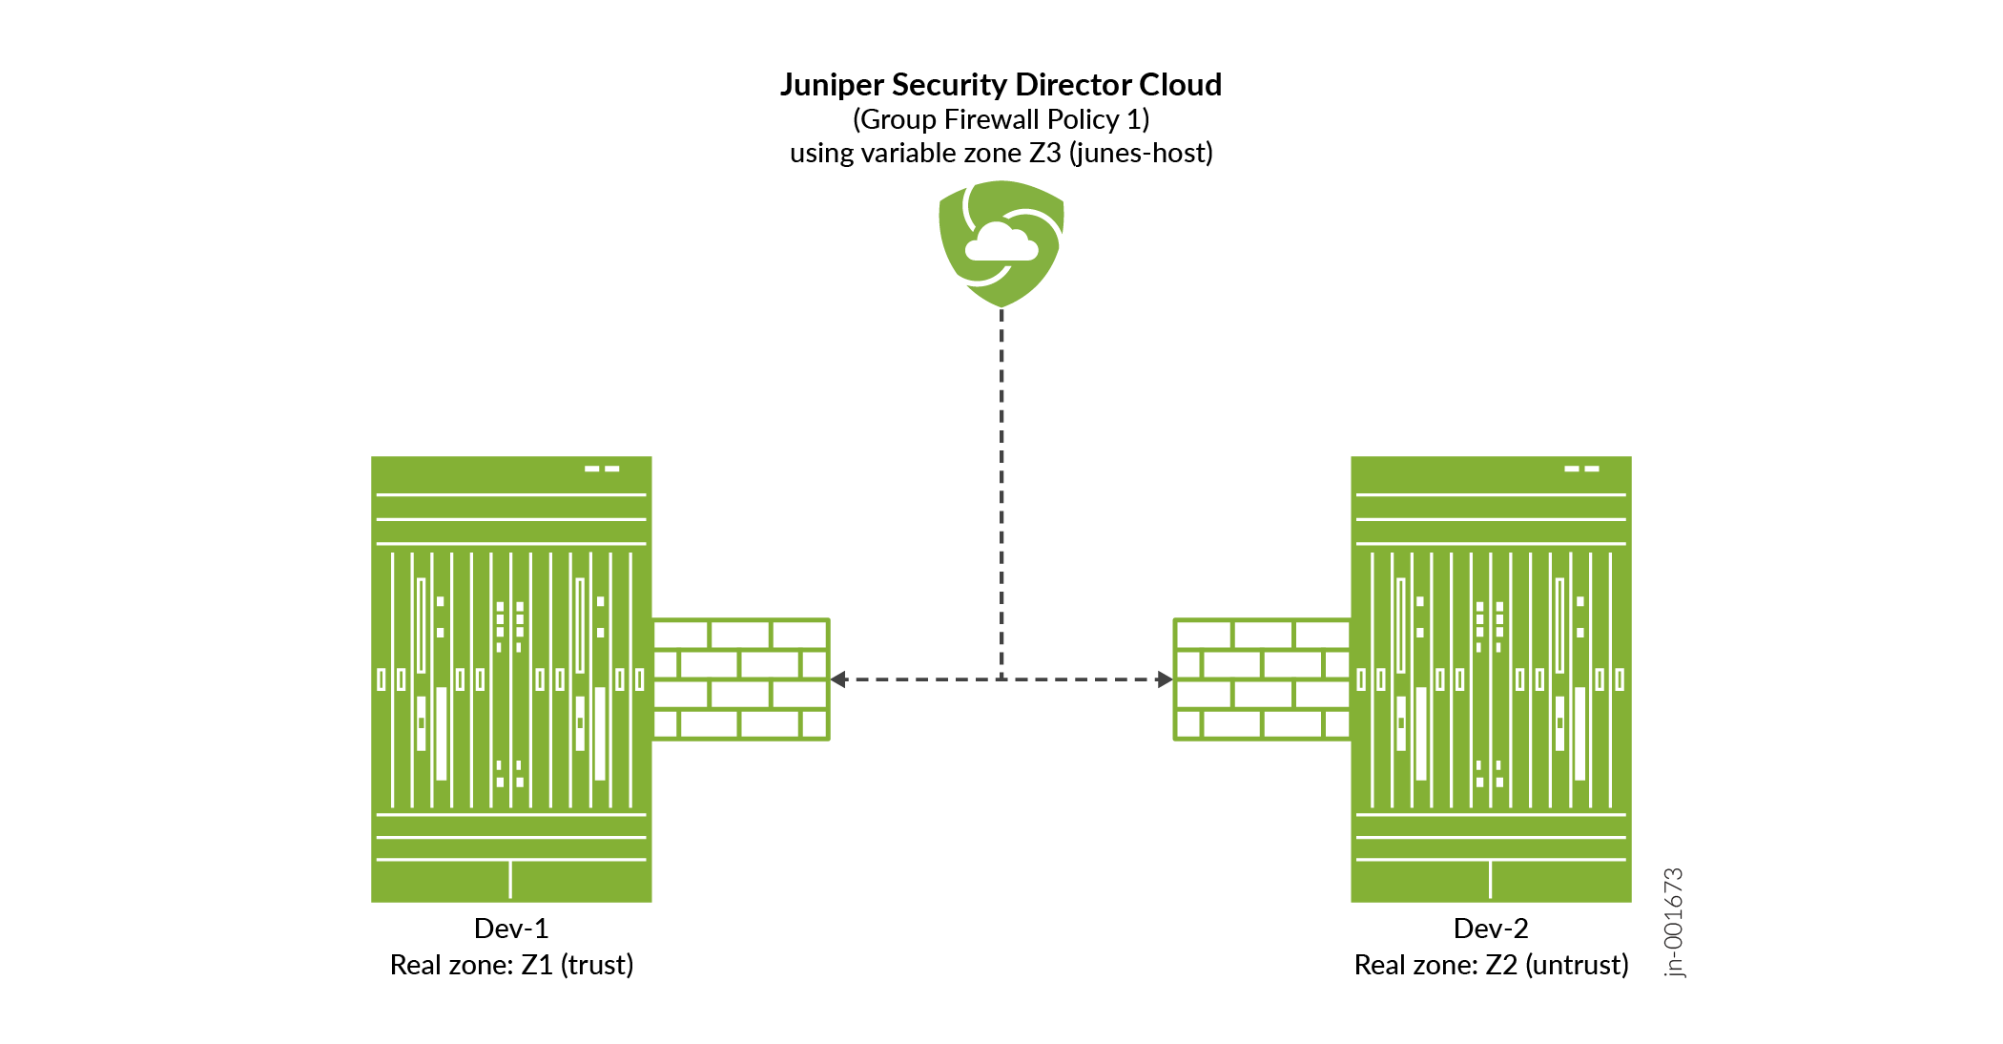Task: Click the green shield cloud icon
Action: pyautogui.click(x=1001, y=244)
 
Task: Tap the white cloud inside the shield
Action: pyautogui.click(x=1001, y=242)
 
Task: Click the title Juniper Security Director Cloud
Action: pyautogui.click(x=1001, y=85)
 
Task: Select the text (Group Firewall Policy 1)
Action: pyautogui.click(x=1001, y=119)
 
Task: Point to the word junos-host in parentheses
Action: pyautogui.click(x=1141, y=153)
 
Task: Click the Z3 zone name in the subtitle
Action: pyautogui.click(x=1045, y=153)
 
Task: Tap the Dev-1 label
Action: pyautogui.click(x=511, y=928)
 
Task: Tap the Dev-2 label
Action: pyautogui.click(x=1491, y=928)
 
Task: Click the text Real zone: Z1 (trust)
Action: pyautogui.click(x=511, y=965)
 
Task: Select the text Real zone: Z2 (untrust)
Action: pyautogui.click(x=1491, y=965)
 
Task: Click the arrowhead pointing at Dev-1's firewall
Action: pyautogui.click(x=838, y=679)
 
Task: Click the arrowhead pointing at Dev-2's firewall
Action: pyautogui.click(x=1165, y=679)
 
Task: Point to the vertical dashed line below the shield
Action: pyautogui.click(x=1001, y=494)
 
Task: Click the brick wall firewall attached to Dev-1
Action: pyautogui.click(x=741, y=679)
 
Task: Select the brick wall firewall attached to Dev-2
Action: pyautogui.click(x=1262, y=679)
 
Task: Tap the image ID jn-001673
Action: pyautogui.click(x=1674, y=923)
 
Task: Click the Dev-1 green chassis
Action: pyautogui.click(x=511, y=679)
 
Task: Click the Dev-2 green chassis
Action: pyautogui.click(x=1491, y=679)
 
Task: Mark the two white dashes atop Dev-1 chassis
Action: pyautogui.click(x=602, y=469)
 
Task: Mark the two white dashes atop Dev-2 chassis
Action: pyautogui.click(x=1581, y=469)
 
